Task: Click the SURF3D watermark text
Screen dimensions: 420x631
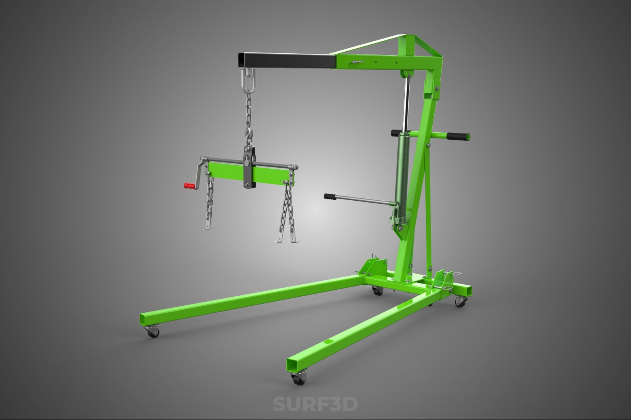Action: pos(315,403)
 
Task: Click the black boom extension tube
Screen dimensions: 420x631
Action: pos(287,61)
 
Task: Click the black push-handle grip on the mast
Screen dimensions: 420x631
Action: pos(458,136)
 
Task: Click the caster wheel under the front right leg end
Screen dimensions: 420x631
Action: pos(299,378)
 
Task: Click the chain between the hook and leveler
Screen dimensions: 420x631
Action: pos(248,117)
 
